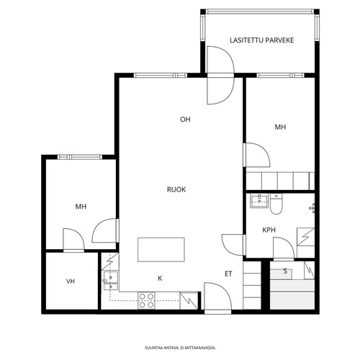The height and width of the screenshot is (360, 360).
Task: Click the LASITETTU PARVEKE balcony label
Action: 261,40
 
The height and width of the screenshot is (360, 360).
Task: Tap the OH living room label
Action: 185,120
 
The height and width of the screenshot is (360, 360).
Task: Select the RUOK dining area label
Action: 176,189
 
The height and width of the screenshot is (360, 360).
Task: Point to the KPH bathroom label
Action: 269,230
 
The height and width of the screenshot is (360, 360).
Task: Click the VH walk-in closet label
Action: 71,282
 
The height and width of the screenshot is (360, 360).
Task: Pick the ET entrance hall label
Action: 228,274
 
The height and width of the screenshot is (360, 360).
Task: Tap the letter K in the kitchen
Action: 160,278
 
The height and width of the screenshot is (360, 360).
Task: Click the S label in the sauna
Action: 285,271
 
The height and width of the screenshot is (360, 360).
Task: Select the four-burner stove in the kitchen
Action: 146,300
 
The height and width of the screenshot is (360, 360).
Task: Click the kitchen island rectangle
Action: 161,250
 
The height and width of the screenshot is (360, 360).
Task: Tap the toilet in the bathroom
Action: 276,204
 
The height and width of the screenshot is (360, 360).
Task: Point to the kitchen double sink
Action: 111,280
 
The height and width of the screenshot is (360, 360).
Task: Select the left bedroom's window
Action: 80,157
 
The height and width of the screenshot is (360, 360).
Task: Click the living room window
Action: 161,76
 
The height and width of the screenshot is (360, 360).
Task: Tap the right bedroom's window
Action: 280,76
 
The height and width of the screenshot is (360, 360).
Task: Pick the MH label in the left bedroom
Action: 81,207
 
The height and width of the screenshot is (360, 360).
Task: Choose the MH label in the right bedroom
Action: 280,127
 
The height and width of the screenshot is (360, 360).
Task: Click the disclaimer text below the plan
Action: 180,348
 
